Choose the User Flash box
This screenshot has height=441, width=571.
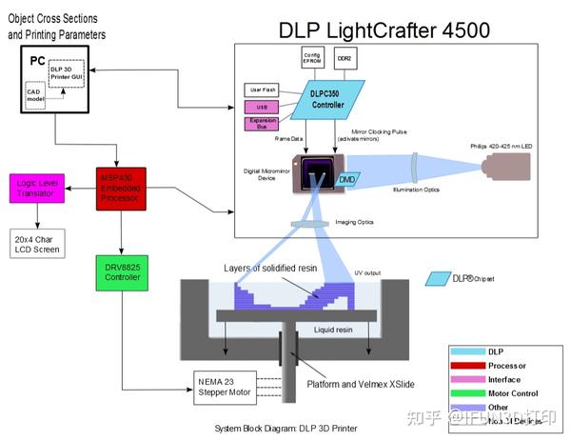coord(264,90)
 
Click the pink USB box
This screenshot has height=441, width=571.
coord(264,106)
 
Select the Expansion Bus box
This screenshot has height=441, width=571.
coord(264,125)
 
